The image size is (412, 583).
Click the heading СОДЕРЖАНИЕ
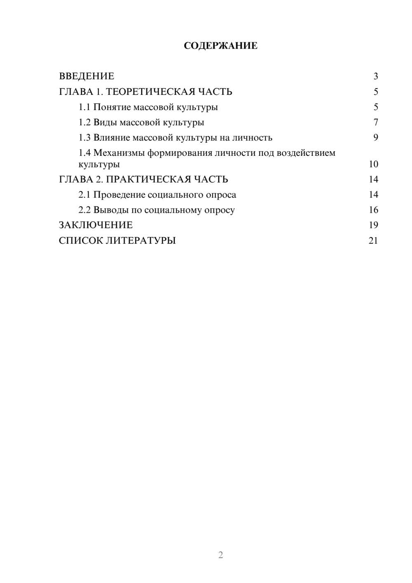click(x=220, y=46)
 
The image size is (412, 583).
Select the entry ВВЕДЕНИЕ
click(x=87, y=76)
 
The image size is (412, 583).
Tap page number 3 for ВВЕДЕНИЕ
click(x=375, y=76)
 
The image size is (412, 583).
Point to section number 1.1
click(x=84, y=107)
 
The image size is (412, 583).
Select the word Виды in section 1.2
click(x=105, y=122)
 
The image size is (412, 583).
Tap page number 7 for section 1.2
click(x=375, y=122)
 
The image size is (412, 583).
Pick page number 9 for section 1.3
click(x=375, y=138)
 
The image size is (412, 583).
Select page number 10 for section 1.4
click(x=373, y=164)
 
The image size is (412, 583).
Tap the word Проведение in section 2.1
click(x=119, y=195)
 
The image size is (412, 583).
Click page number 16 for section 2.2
click(x=373, y=210)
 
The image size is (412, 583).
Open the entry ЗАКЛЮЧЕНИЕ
click(x=96, y=225)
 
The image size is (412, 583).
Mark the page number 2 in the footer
click(x=220, y=555)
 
